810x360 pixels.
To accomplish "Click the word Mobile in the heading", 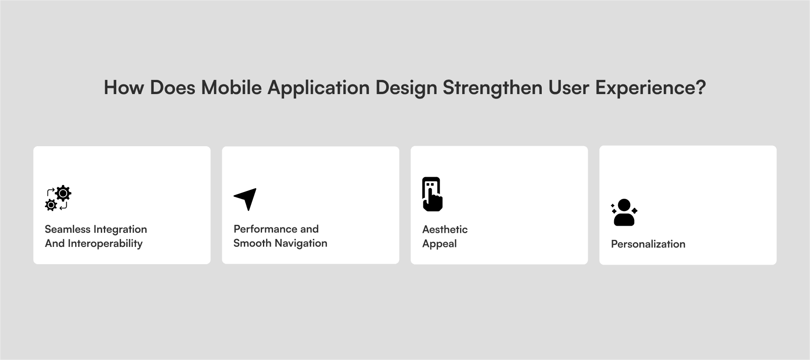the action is point(231,87).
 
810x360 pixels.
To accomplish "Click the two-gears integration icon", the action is point(58,198).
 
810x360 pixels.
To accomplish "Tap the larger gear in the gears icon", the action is point(63,193).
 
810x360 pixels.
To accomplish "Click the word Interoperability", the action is point(105,244).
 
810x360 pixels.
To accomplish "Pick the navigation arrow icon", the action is point(245,199).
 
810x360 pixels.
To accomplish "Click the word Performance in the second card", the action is point(266,229).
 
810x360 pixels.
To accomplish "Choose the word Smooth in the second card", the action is point(252,243).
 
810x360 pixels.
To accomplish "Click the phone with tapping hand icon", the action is point(432,194).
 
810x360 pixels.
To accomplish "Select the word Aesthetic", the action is point(445,229).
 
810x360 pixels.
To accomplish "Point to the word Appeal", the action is point(440,244).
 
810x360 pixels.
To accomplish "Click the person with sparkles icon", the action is point(624,212).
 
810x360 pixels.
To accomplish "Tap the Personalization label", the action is point(648,244).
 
